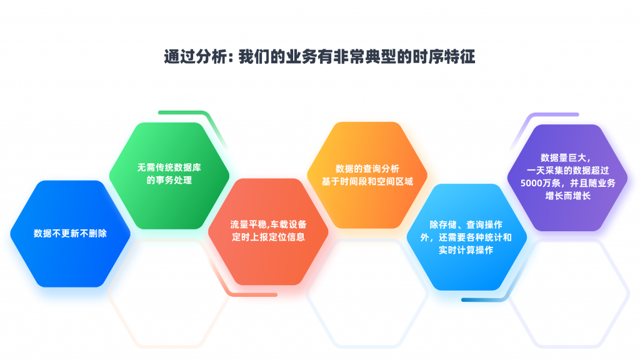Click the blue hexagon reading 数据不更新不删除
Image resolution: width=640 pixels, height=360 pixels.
70,234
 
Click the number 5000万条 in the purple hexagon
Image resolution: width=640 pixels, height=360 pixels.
542,182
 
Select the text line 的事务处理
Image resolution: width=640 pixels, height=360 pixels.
169,181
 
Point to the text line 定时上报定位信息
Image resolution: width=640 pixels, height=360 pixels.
268,237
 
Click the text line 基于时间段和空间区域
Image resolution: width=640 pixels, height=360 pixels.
367,181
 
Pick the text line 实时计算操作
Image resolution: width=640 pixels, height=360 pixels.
466,250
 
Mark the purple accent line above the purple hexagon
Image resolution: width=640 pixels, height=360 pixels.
550,115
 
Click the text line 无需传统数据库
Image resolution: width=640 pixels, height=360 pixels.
169,167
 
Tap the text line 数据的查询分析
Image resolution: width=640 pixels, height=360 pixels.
367,169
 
